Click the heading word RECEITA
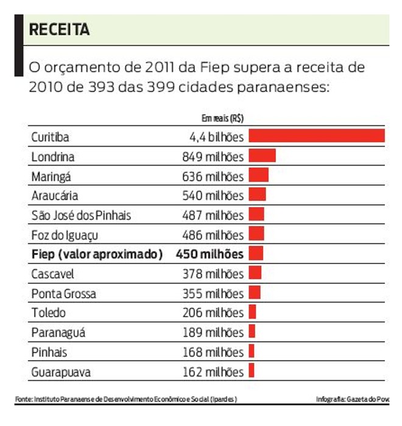tap(59, 29)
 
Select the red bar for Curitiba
tap(316, 136)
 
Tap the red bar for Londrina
tap(262, 156)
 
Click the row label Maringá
tap(51, 176)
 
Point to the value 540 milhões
tap(213, 196)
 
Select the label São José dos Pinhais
tap(81, 215)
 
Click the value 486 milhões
tap(213, 235)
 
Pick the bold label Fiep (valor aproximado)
tap(97, 254)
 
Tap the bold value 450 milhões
tap(209, 254)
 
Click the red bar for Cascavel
tap(255, 273)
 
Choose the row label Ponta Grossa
tap(63, 293)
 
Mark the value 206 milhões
tap(213, 313)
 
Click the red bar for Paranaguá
tap(252, 332)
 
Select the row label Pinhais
tap(49, 352)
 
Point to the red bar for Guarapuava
tap(251, 371)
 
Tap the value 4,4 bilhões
tap(216, 138)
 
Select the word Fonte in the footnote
tap(23, 399)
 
